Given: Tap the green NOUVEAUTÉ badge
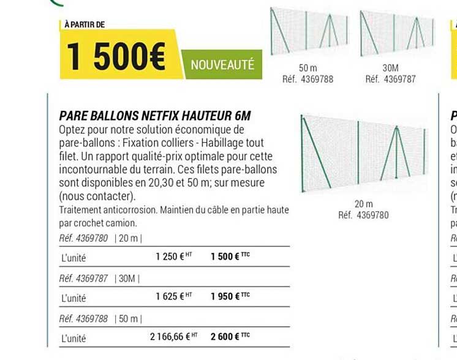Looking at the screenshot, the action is (222, 66).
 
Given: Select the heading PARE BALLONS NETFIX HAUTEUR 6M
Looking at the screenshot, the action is (155, 116).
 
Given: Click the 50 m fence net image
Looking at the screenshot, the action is (307, 31).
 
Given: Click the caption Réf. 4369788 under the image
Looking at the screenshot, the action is (308, 79).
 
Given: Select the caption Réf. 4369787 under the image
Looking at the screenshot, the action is (390, 79).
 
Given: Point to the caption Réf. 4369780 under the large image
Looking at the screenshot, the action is (363, 215).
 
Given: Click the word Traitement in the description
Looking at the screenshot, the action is (80, 210).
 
